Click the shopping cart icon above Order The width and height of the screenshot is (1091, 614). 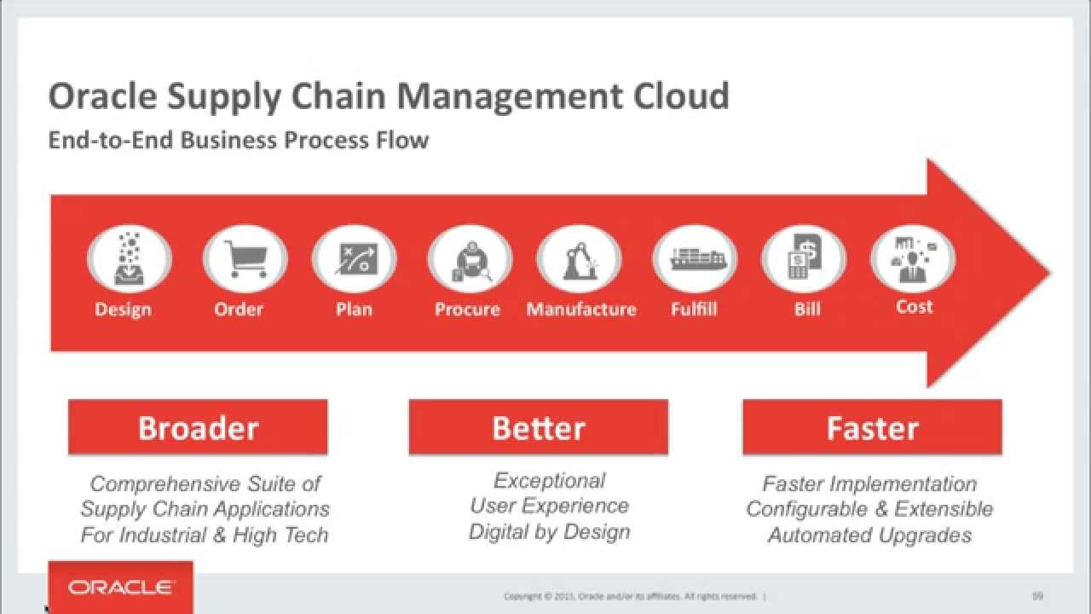(x=246, y=258)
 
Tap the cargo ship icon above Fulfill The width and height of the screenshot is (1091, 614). (x=697, y=258)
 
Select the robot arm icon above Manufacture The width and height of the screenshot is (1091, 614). (x=580, y=260)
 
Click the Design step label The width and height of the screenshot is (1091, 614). (x=124, y=310)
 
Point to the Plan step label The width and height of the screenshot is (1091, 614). (x=354, y=309)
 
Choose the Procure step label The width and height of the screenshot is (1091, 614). (x=467, y=309)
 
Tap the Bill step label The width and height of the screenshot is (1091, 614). (x=807, y=309)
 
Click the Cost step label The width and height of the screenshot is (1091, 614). (x=915, y=306)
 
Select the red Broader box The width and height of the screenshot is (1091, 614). (x=198, y=427)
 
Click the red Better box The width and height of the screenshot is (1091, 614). (x=538, y=427)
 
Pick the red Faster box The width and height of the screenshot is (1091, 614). (x=872, y=427)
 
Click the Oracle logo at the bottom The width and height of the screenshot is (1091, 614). (x=121, y=588)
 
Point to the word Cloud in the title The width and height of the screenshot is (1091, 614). (x=681, y=96)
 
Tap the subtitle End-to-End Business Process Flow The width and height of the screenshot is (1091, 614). (x=239, y=141)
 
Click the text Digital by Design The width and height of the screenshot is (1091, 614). (x=550, y=531)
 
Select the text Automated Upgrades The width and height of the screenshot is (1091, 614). (x=870, y=535)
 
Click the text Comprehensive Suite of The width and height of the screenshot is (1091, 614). (x=205, y=484)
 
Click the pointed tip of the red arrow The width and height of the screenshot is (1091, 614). (x=1049, y=273)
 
